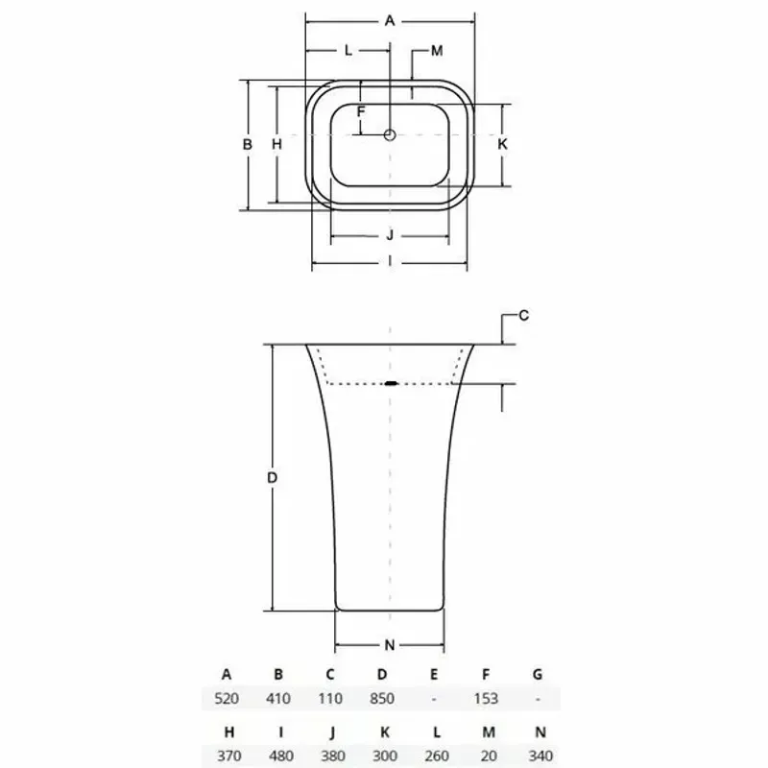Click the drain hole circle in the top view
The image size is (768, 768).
390,134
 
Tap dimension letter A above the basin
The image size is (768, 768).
390,21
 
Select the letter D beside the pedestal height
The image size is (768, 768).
273,477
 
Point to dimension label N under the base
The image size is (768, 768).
390,645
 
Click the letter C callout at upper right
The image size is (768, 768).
523,316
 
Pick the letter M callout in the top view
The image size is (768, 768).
437,51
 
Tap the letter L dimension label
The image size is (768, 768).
348,51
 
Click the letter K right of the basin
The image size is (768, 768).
502,144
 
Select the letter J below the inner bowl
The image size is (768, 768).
390,235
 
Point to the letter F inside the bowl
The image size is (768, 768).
361,111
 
